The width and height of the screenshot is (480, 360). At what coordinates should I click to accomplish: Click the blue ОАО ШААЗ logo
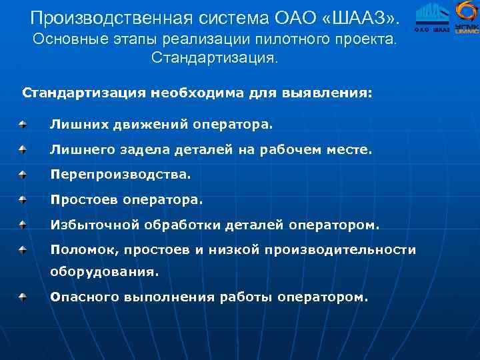click(x=432, y=17)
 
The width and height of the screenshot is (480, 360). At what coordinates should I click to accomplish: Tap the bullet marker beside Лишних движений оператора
click(x=23, y=124)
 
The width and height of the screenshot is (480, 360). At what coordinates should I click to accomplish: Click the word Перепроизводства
click(x=121, y=175)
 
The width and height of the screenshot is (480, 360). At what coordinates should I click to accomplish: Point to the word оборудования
click(x=105, y=272)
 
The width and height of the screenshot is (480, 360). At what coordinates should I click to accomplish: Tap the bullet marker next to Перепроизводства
click(x=23, y=174)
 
